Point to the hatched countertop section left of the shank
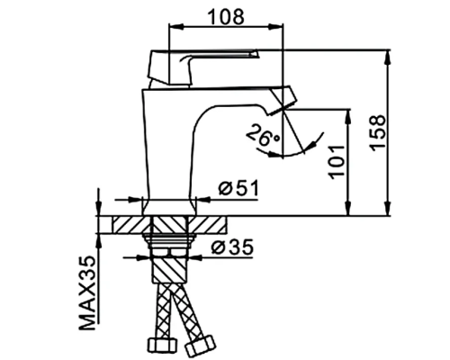(125, 225)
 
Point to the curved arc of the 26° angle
(311, 145)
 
